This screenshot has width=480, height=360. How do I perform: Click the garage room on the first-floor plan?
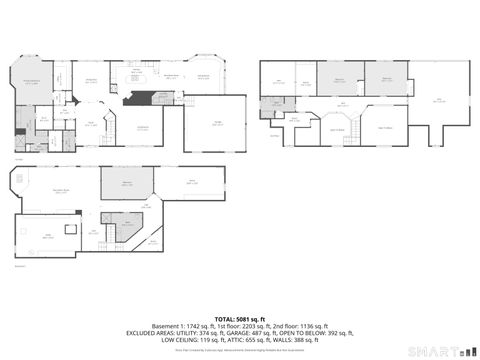click(216, 121)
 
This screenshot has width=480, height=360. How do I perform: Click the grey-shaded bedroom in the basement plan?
click(128, 183)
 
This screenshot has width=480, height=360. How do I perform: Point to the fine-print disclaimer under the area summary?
click(240, 351)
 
